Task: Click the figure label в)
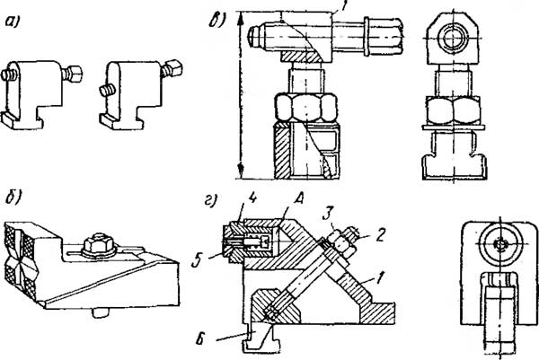[216, 20]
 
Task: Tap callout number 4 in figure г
[252, 199]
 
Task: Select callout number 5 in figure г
[197, 262]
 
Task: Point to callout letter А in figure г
[298, 199]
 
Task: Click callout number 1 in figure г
[379, 277]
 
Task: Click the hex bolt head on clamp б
[99, 245]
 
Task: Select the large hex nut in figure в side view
[305, 107]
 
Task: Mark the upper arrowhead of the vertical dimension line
[240, 18]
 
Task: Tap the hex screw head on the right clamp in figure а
[173, 67]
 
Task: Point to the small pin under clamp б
[100, 313]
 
